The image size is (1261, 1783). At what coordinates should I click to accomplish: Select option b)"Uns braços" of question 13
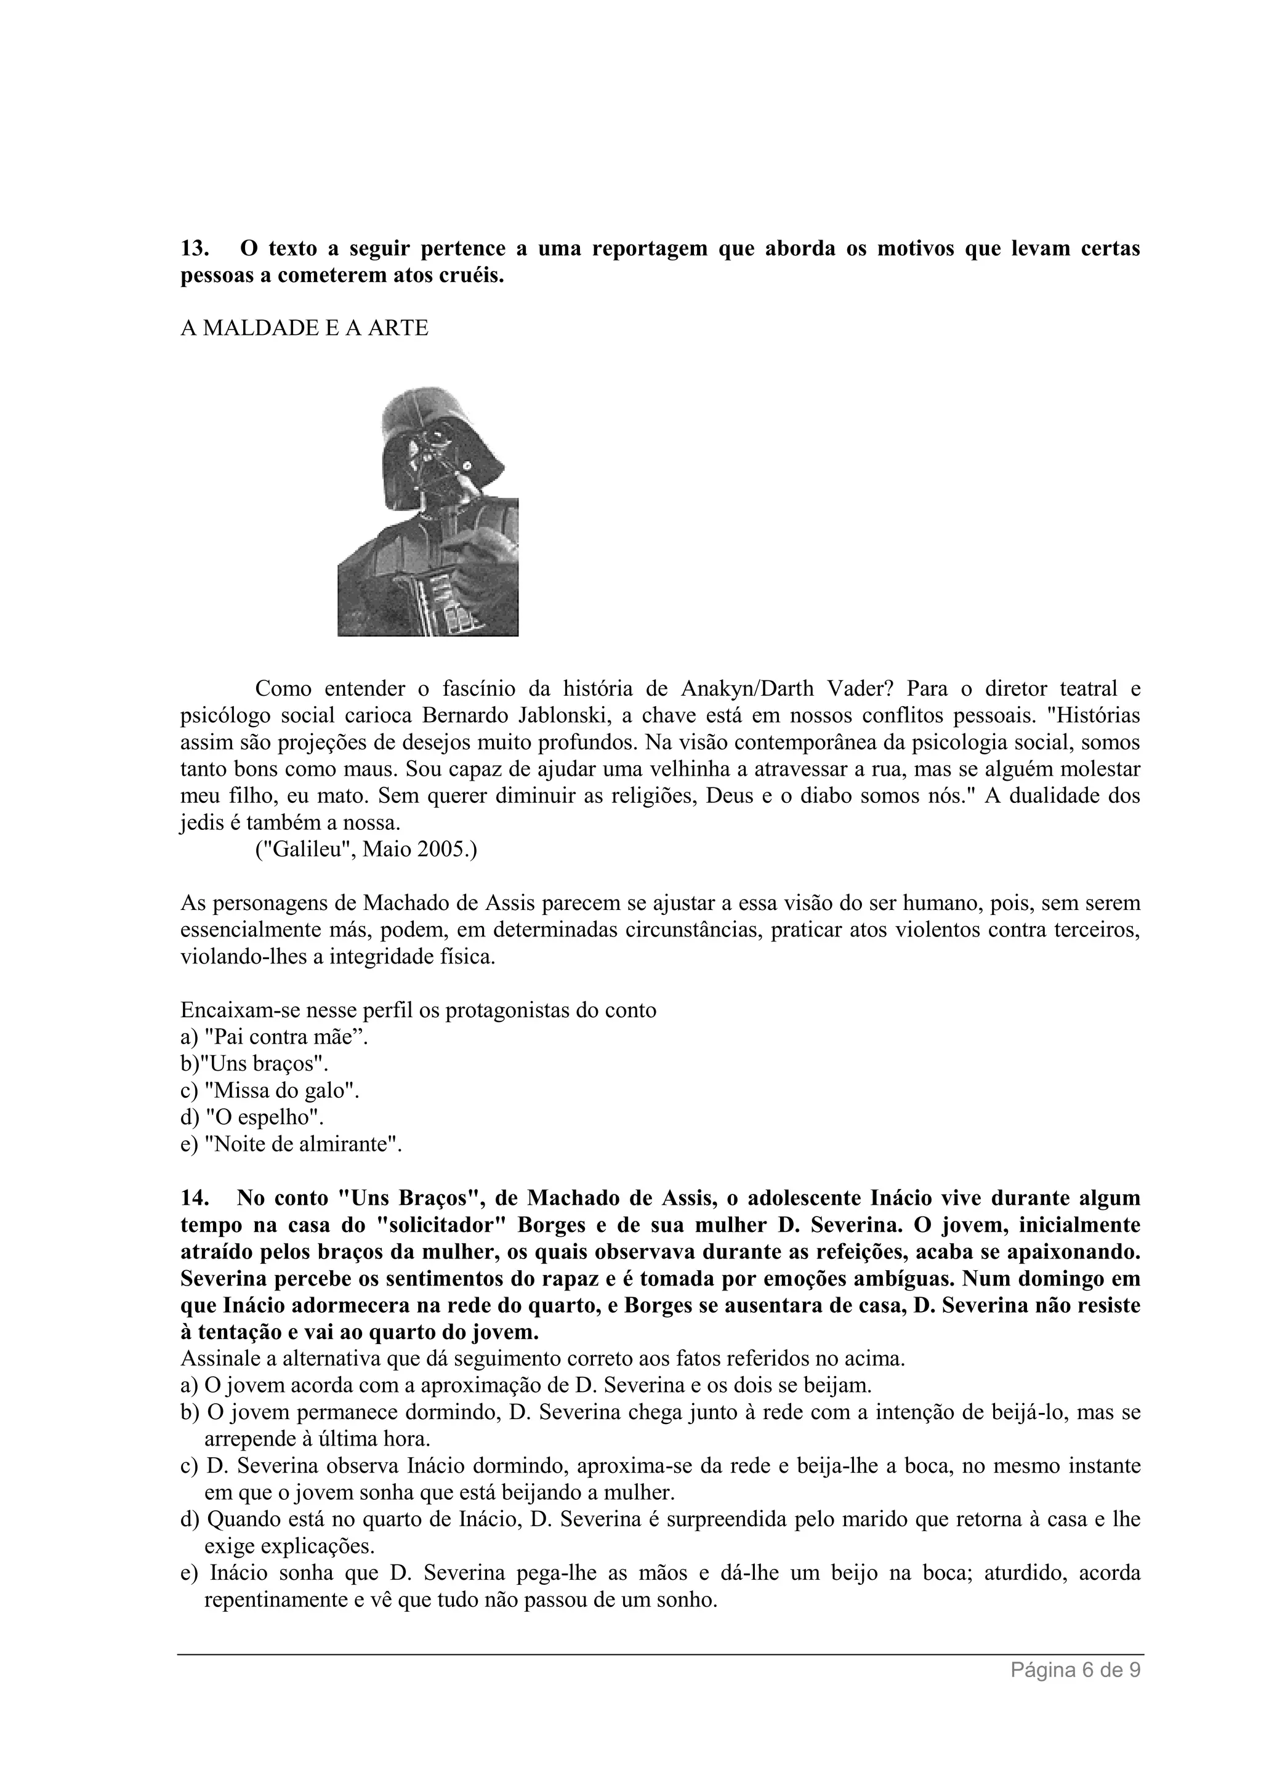point(249,1064)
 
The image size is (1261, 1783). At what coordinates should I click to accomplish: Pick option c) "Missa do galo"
point(270,1090)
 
